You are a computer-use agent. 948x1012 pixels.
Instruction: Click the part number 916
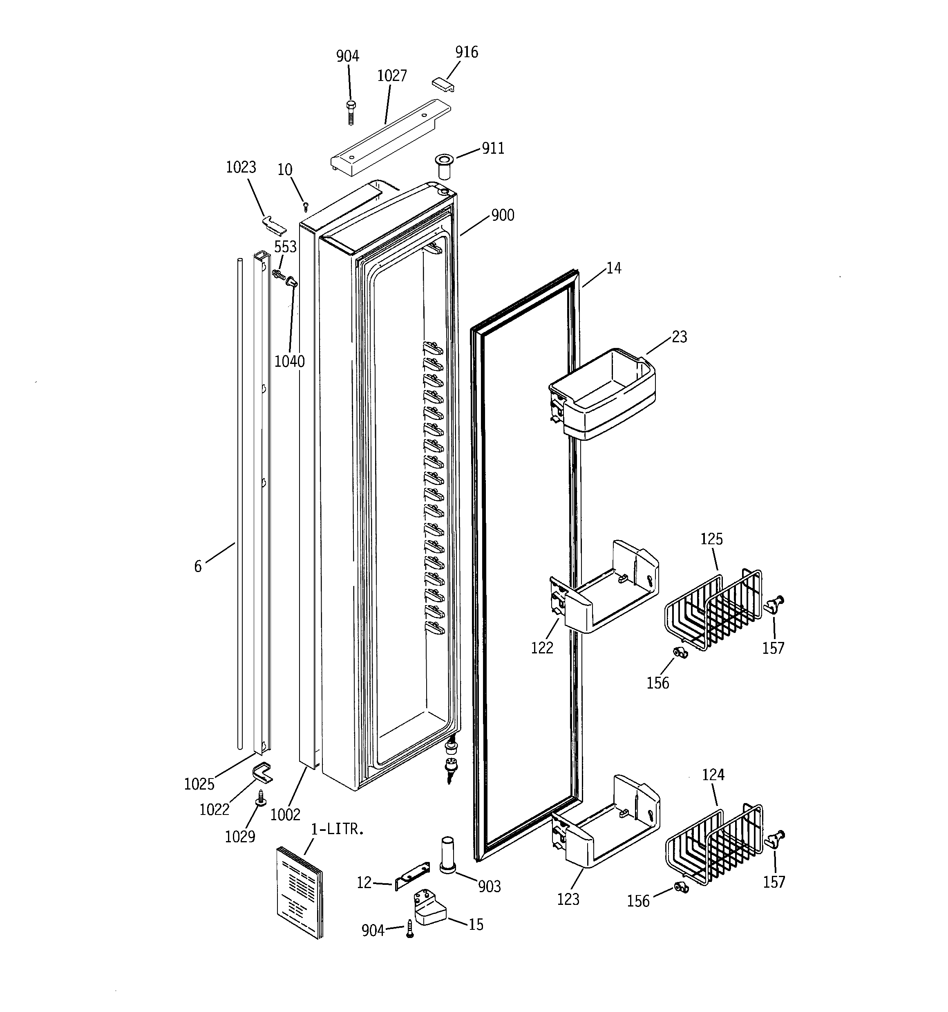pyautogui.click(x=466, y=52)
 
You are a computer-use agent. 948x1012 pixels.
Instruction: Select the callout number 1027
pyautogui.click(x=391, y=76)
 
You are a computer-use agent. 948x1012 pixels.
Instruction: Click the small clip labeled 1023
pyautogui.click(x=274, y=222)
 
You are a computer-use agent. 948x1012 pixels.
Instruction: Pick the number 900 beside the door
pyautogui.click(x=502, y=216)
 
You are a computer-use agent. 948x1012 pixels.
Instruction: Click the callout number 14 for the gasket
pyautogui.click(x=614, y=268)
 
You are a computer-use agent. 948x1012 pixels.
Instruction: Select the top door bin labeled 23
pyautogui.click(x=603, y=395)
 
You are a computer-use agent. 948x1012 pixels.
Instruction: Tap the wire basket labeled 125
pyautogui.click(x=712, y=611)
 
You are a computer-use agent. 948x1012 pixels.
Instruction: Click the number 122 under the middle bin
pyautogui.click(x=541, y=648)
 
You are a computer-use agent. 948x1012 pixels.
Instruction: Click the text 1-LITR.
pyautogui.click(x=338, y=829)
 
